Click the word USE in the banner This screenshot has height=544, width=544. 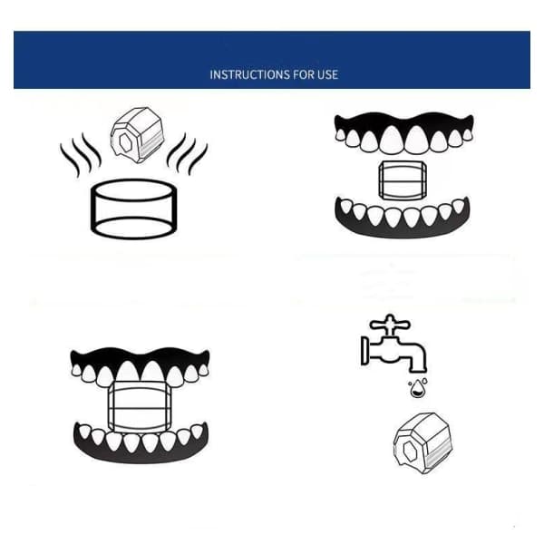pos(327,74)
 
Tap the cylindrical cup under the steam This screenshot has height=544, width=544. pos(133,209)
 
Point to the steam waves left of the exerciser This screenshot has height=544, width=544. pos(80,154)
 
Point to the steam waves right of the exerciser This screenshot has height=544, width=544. pos(188,154)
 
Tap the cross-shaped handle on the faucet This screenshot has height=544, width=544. pos(390,325)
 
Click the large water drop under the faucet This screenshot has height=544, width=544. pos(418,389)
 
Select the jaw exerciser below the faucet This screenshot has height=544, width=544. pos(423,443)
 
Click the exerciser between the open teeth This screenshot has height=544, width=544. pos(403,180)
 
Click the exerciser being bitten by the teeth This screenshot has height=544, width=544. pos(140,407)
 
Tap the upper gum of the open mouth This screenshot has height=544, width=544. pos(403,123)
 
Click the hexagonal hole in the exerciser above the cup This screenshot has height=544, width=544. pos(124,142)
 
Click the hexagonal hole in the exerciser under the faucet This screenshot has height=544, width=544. pos(410,451)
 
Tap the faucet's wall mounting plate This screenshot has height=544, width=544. pos(364,350)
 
